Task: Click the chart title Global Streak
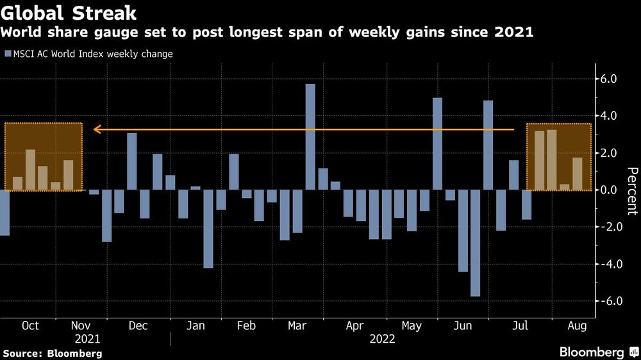pos(69,12)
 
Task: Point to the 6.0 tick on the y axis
pos(608,79)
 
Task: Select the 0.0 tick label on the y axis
pos(608,190)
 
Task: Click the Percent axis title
pos(632,190)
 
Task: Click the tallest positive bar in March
pos(310,136)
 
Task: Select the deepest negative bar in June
pos(475,243)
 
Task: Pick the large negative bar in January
pos(208,229)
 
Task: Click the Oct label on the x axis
pos(30,326)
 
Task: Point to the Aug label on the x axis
pos(575,326)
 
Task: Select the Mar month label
pos(297,326)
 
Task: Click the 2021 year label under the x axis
pos(88,340)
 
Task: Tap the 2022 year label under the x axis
pos(383,340)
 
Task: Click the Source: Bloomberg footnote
pos(52,353)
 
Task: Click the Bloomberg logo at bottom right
pos(597,352)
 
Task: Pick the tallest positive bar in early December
pos(132,161)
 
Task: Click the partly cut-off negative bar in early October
pos(4,213)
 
